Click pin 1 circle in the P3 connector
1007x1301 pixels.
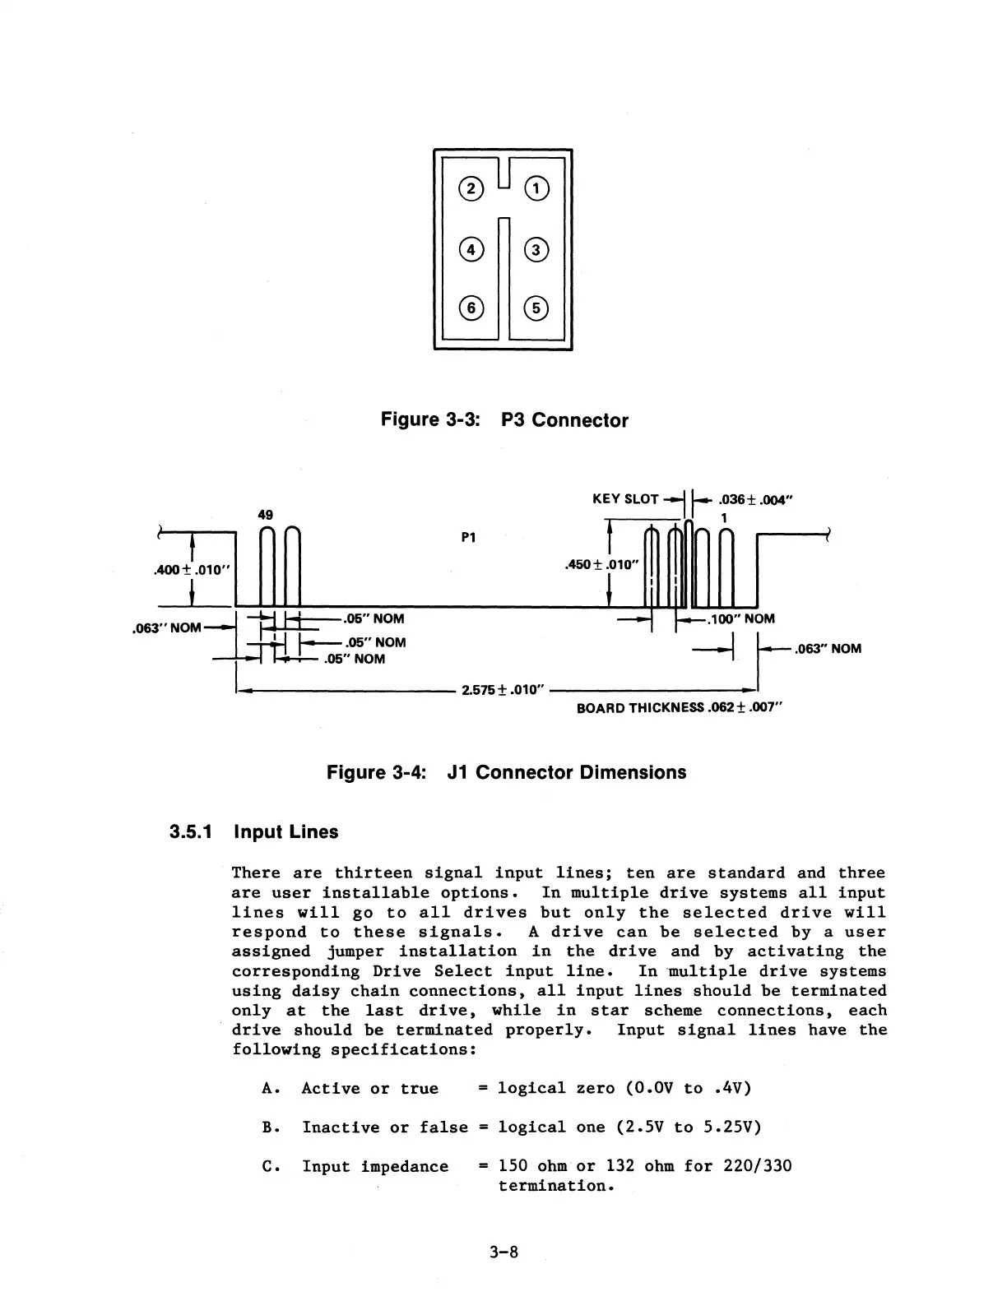click(x=536, y=189)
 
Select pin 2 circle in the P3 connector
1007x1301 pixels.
click(x=471, y=189)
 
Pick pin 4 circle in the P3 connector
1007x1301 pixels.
click(x=471, y=249)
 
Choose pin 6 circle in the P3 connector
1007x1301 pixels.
click(x=471, y=308)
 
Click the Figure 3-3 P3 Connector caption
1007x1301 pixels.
click(x=503, y=420)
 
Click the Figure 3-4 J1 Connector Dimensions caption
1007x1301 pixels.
click(x=506, y=772)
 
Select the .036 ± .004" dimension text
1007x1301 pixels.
click(x=754, y=499)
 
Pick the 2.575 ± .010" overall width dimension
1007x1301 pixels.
click(x=504, y=689)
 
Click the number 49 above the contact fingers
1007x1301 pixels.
click(x=266, y=515)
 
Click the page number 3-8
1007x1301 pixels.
click(x=503, y=1252)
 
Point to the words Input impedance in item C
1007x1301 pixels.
click(x=375, y=1166)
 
